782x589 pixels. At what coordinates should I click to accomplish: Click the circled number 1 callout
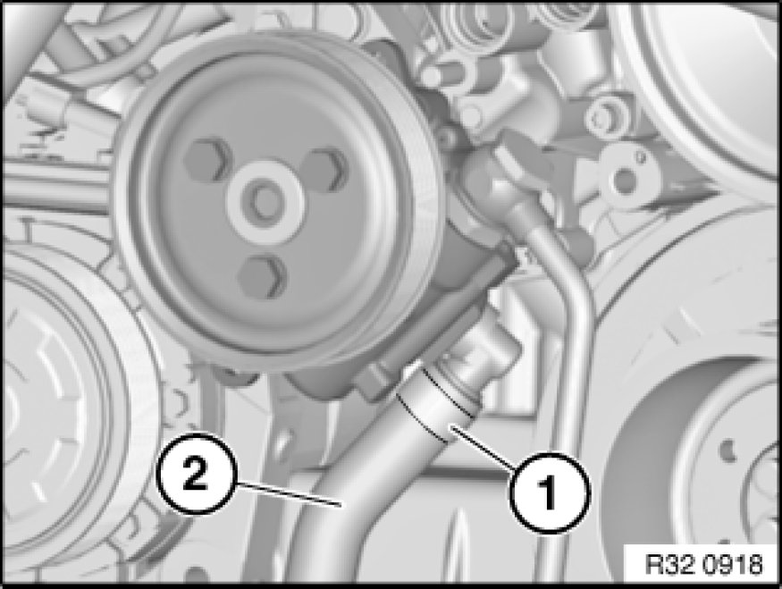pos(550,492)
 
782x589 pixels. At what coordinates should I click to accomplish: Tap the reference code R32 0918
pos(703,565)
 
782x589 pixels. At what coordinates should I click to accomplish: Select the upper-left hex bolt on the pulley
pos(206,161)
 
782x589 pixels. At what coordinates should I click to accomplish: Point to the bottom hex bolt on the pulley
pos(263,277)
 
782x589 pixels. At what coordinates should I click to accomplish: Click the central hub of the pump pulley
pos(265,200)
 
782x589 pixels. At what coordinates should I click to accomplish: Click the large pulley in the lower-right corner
pos(648,449)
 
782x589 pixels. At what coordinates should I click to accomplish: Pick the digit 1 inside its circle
pos(548,492)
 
